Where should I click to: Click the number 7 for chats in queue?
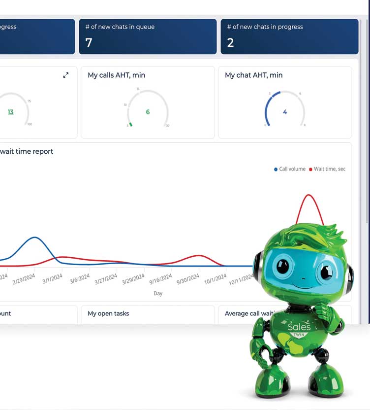(89, 43)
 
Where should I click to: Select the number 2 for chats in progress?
(230, 43)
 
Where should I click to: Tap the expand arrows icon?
(66, 75)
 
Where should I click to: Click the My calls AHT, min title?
(116, 75)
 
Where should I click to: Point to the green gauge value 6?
(148, 112)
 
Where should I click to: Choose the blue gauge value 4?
(285, 112)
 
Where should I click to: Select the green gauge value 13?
(10, 112)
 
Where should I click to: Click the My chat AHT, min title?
(253, 75)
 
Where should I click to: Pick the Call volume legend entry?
(290, 169)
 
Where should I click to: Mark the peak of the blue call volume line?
(35, 238)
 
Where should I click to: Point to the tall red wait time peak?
(309, 195)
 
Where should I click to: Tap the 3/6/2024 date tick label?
(80, 279)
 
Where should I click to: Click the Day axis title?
(158, 293)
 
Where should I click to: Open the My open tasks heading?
(108, 313)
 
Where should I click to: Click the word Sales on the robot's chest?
(299, 327)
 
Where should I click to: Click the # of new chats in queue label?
(120, 27)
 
